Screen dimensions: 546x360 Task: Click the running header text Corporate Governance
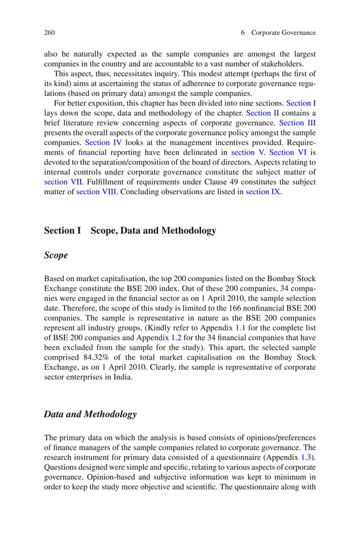coord(283,33)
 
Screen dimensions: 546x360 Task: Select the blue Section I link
coord(301,103)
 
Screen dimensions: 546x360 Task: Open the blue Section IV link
coord(103,143)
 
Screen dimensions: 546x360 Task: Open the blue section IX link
coord(262,192)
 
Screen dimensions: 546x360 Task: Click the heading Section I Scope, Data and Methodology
coord(130,231)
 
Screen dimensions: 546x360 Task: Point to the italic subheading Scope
coord(56,255)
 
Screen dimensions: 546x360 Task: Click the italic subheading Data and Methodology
coord(90,414)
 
